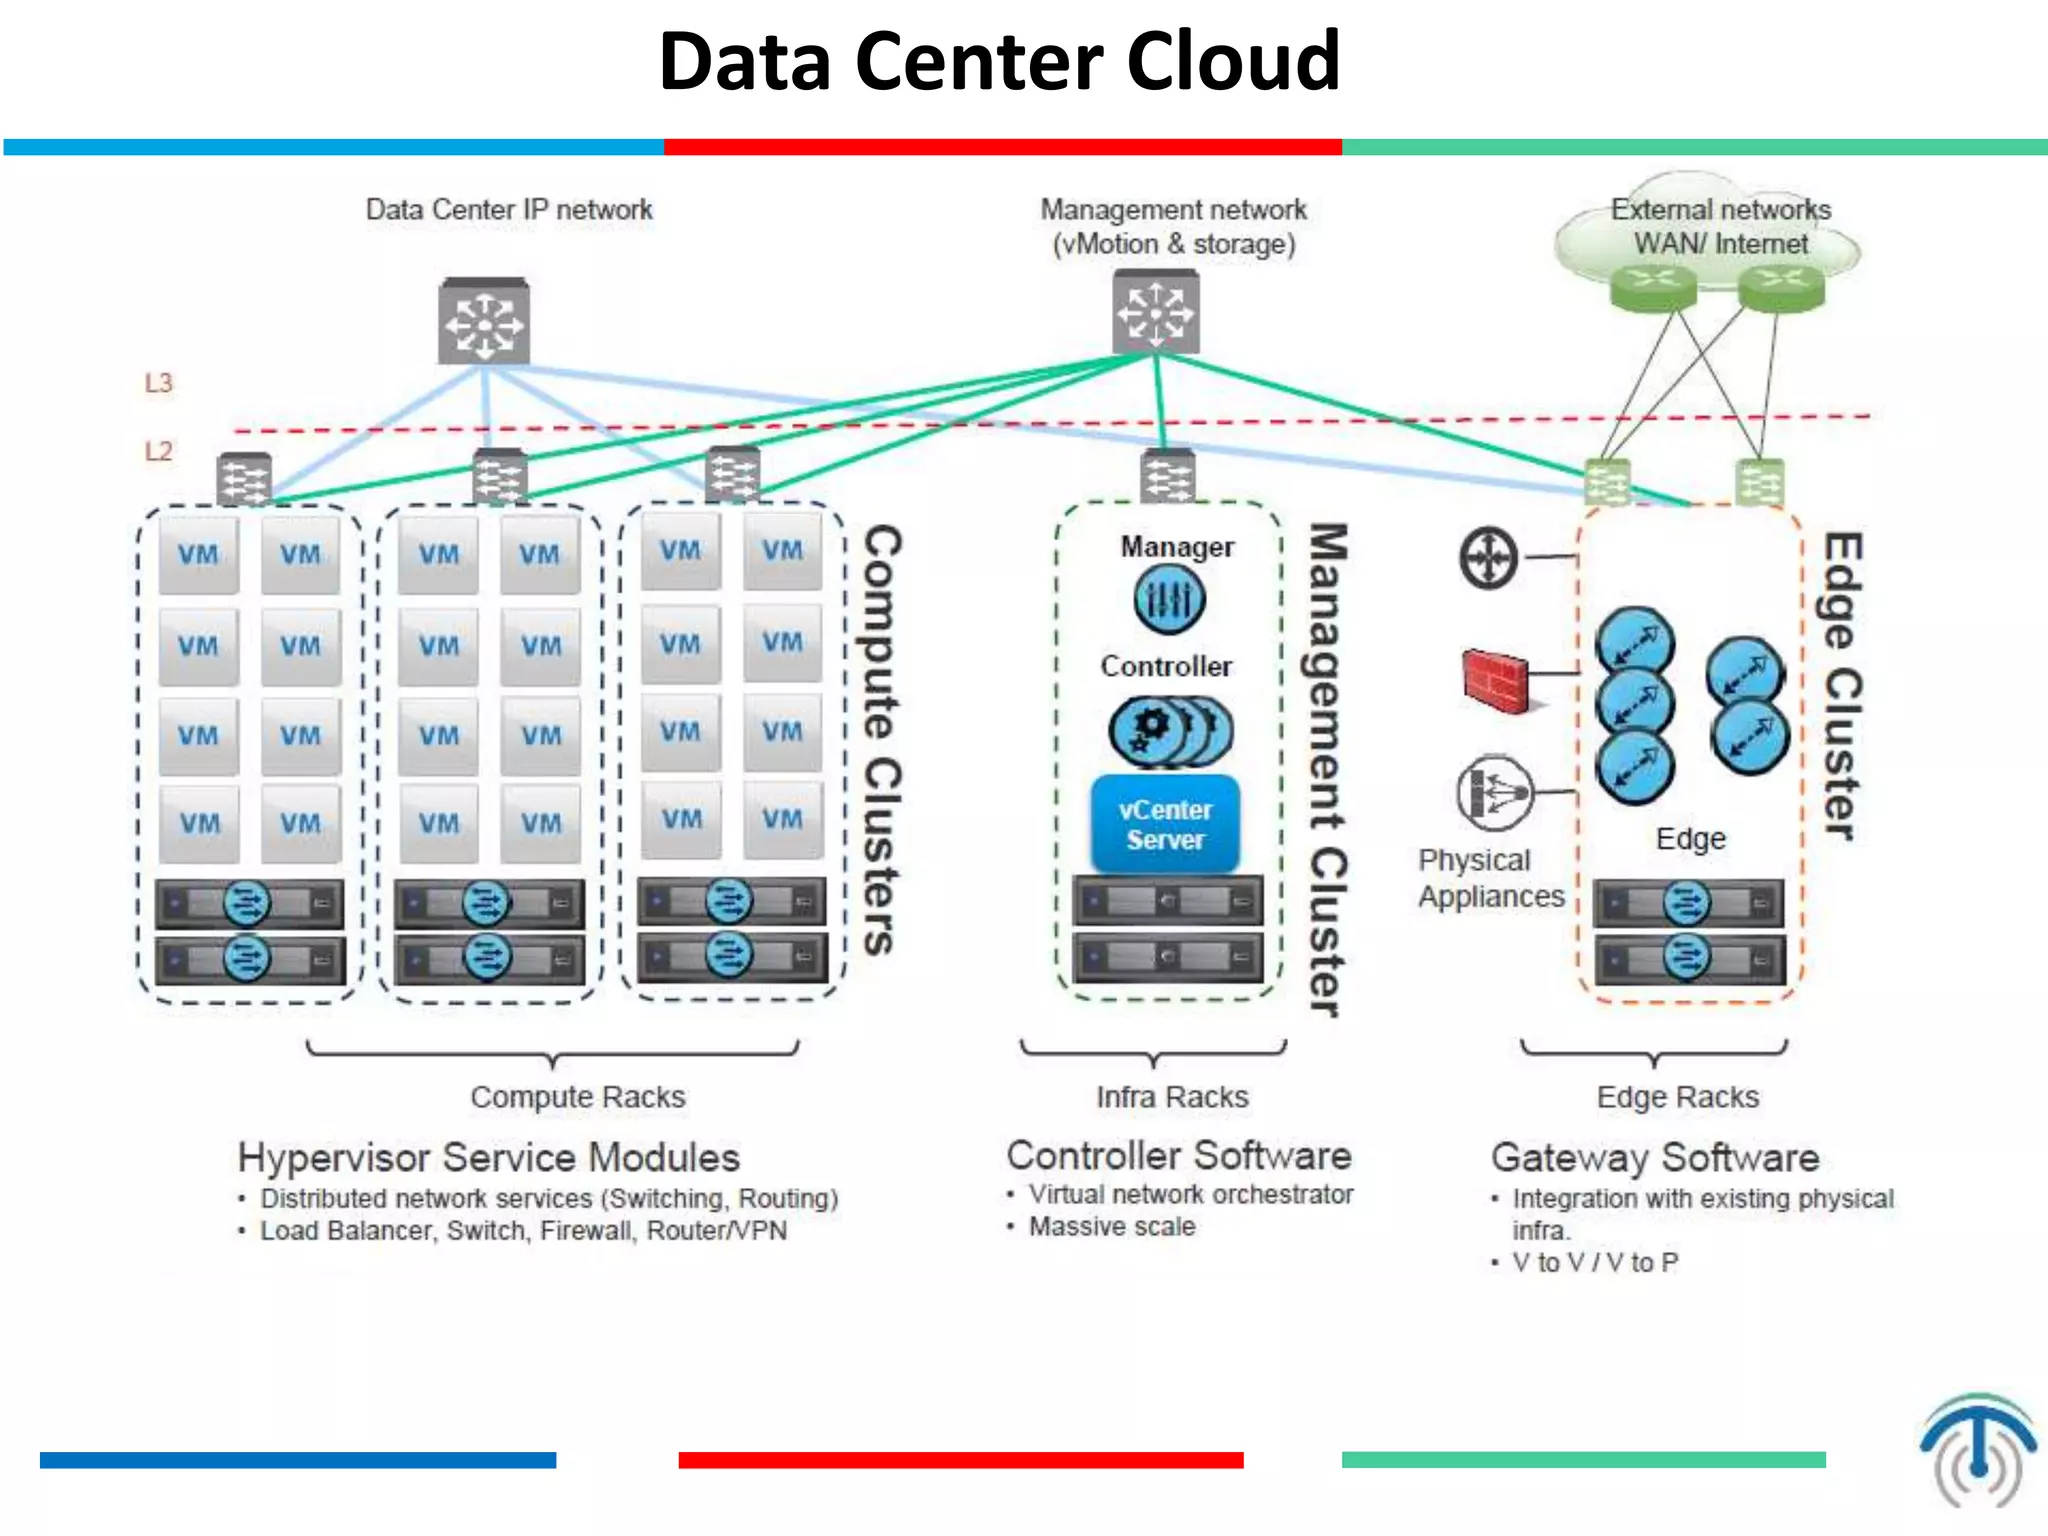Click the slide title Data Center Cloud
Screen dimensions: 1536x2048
999,62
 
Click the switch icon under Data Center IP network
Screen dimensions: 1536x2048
484,322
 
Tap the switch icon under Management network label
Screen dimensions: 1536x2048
1156,312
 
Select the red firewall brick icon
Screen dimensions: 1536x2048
1495,680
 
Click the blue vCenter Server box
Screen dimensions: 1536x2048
1165,825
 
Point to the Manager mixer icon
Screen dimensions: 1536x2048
1169,600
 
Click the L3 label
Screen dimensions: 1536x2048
158,383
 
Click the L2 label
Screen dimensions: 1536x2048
158,451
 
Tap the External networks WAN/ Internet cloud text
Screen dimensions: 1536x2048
1720,227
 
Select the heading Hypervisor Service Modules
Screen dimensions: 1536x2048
488,1158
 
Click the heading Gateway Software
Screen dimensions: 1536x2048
1655,1158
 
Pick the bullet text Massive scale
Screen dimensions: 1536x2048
1112,1227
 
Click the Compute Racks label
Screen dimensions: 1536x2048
578,1097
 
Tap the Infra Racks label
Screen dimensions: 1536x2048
1172,1097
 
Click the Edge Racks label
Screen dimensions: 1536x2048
1677,1097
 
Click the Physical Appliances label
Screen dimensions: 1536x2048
1490,878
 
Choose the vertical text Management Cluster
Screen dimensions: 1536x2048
1328,770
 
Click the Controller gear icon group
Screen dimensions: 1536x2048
1170,731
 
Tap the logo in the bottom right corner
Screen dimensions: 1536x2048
1977,1450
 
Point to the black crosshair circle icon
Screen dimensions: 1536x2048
1488,558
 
